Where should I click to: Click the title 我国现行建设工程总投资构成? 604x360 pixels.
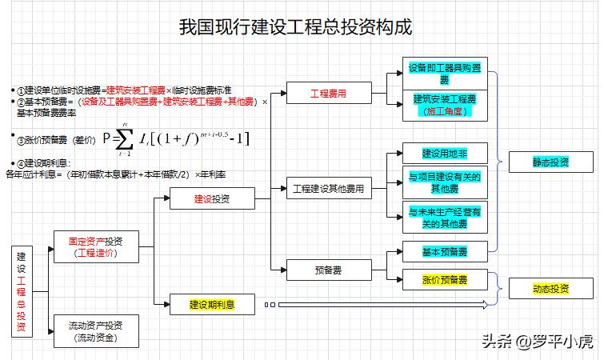296,28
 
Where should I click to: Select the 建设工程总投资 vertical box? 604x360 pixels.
22,292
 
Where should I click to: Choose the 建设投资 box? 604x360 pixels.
212,198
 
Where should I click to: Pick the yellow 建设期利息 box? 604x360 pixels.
211,304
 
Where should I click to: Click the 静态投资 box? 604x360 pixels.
550,162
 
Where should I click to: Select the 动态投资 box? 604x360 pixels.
550,289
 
